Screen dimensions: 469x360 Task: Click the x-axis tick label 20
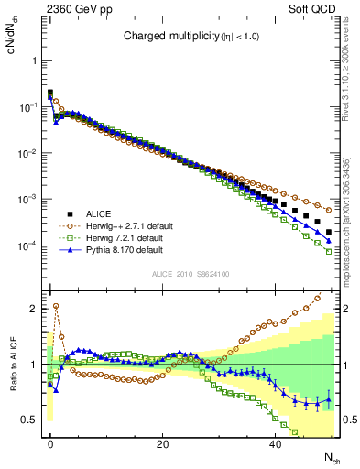(162, 444)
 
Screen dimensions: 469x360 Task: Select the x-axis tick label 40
(275, 444)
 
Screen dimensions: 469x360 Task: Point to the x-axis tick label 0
(50, 444)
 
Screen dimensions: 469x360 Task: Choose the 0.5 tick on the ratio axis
(27, 420)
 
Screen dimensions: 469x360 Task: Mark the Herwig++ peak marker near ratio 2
(56, 306)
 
